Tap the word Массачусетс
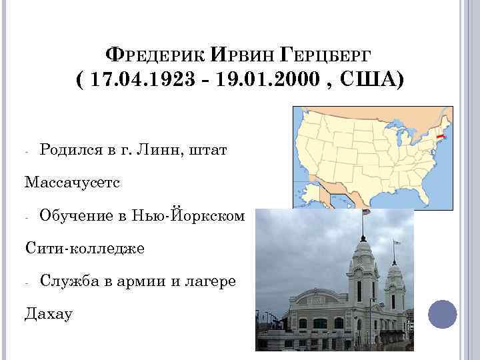[73, 181]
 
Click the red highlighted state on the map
[439, 135]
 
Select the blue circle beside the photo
[441, 314]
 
